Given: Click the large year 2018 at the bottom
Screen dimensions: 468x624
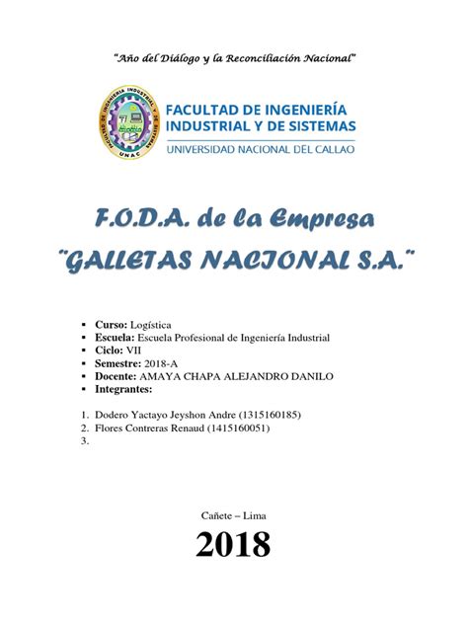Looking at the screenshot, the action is click(233, 545).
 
